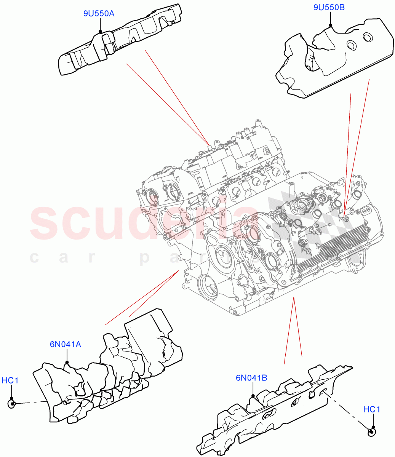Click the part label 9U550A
pos(99,14)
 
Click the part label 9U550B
pos(329,7)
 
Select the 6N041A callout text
pos(65,344)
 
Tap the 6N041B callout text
pos(251,378)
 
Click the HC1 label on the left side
pos(10,380)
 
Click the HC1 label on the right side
pos(371,409)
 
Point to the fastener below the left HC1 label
pos(12,404)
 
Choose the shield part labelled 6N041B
pos(274,411)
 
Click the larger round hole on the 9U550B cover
pos(368,37)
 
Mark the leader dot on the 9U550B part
pos(330,26)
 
